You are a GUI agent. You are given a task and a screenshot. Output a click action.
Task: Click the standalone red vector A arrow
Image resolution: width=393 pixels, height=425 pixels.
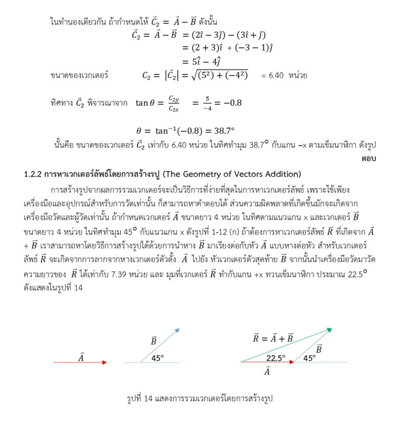coord(80,363)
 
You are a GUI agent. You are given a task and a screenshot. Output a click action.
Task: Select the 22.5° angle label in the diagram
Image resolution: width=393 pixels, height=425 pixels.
coord(276,358)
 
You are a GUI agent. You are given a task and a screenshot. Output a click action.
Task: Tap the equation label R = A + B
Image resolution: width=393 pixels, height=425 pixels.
coord(273,338)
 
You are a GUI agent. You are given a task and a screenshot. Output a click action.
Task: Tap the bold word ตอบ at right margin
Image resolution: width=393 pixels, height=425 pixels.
coord(368,159)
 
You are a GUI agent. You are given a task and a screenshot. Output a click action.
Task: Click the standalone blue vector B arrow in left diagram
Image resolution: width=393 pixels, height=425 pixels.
coord(160,346)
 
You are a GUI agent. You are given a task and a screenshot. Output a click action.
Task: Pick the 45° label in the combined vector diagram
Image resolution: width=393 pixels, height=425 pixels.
coord(309,358)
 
